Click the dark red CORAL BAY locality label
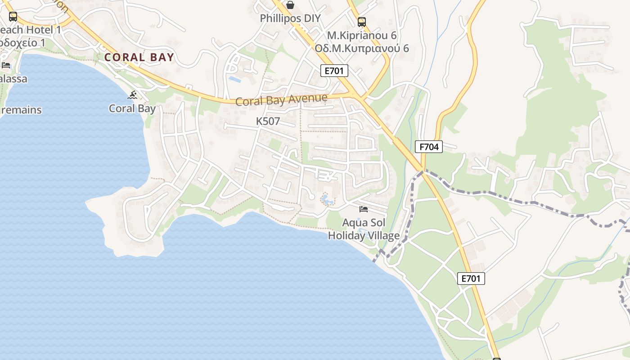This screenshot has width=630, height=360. coord(139,57)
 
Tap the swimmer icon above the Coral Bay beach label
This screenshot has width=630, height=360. coord(132,95)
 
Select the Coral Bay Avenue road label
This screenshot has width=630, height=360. coord(281,99)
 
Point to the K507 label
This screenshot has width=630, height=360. coord(268,121)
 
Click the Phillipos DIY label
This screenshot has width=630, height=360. coord(290,18)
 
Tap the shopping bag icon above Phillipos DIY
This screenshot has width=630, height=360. coord(290,5)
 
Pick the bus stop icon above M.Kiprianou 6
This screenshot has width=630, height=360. coord(361,22)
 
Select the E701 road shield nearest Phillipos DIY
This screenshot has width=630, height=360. coord(334,70)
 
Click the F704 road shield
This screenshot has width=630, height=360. coord(429,146)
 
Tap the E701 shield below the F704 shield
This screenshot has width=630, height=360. coord(471,279)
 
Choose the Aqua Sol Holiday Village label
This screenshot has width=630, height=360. coord(364,229)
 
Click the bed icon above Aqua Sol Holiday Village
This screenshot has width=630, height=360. coord(364,209)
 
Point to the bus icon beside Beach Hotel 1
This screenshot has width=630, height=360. coord(13,17)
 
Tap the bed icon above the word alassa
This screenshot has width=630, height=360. coord(6,65)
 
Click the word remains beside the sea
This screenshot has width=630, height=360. coord(21,110)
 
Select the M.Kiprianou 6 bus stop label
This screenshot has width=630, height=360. coord(361,35)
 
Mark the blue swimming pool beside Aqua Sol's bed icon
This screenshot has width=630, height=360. coord(325,198)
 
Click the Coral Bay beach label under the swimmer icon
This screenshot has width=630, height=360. coord(132,108)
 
